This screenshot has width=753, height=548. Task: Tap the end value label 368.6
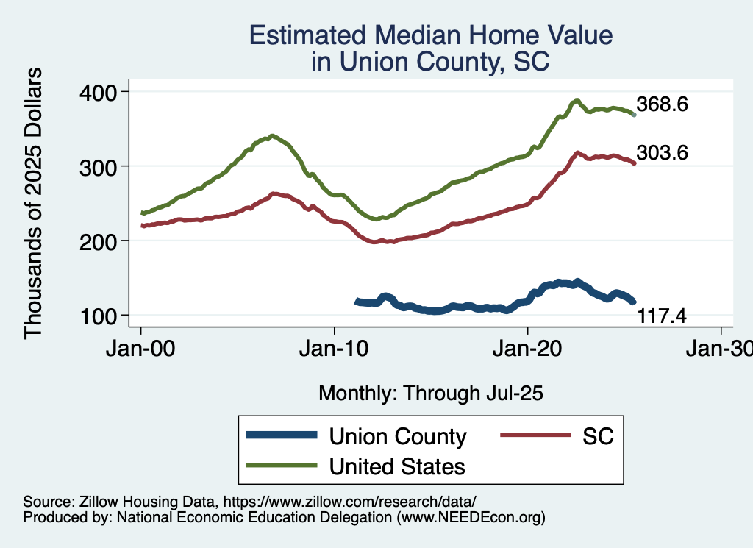pos(662,104)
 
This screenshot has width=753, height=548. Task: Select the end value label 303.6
pos(662,153)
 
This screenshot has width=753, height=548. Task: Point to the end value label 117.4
pos(662,316)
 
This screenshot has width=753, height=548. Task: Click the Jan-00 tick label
pos(141,347)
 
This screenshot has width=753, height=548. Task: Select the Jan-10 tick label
pos(335,347)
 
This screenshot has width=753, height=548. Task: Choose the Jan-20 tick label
pos(528,347)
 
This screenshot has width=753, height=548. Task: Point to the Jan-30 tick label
pos(721,347)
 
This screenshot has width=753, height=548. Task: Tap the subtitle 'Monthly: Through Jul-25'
pos(431,394)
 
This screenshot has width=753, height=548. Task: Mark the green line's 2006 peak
pos(272,136)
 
